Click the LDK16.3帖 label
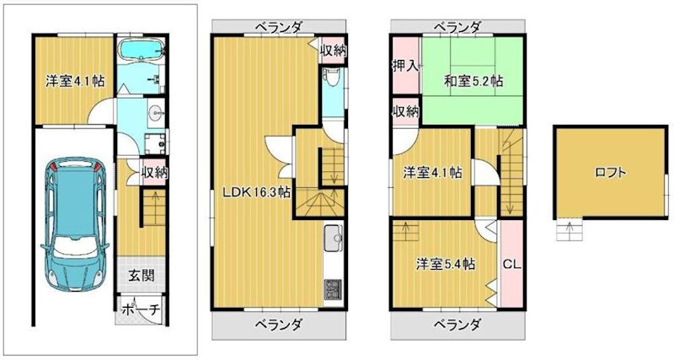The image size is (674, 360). [256, 192]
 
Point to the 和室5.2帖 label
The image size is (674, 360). [473, 81]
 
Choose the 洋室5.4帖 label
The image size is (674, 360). [444, 263]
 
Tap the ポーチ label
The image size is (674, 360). [140, 309]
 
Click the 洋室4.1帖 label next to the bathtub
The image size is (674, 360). [75, 81]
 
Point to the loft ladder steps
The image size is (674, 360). [569, 229]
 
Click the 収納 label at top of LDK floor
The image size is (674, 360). [333, 50]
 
